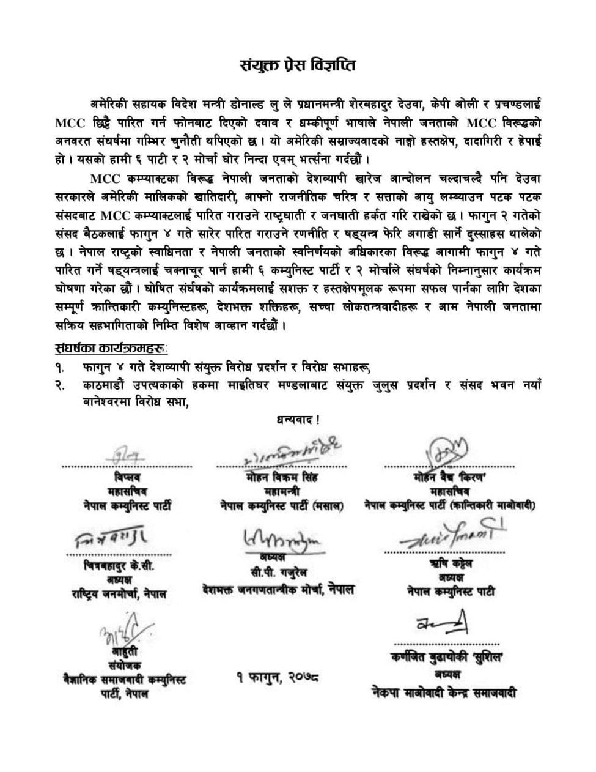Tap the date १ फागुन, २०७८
point(278,677)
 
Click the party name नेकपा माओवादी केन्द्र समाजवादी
point(445,692)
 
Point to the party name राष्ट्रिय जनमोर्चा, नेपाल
point(115,593)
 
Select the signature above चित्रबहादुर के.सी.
point(111,538)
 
